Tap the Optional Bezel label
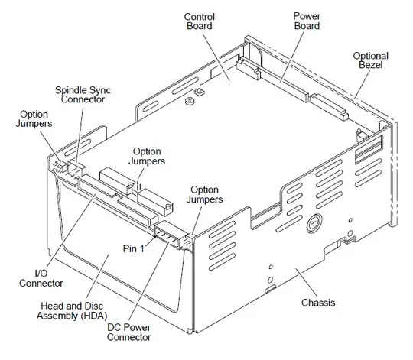coord(371,61)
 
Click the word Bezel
coord(371,66)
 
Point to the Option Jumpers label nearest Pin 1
coord(204,194)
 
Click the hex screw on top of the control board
coord(197,93)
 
